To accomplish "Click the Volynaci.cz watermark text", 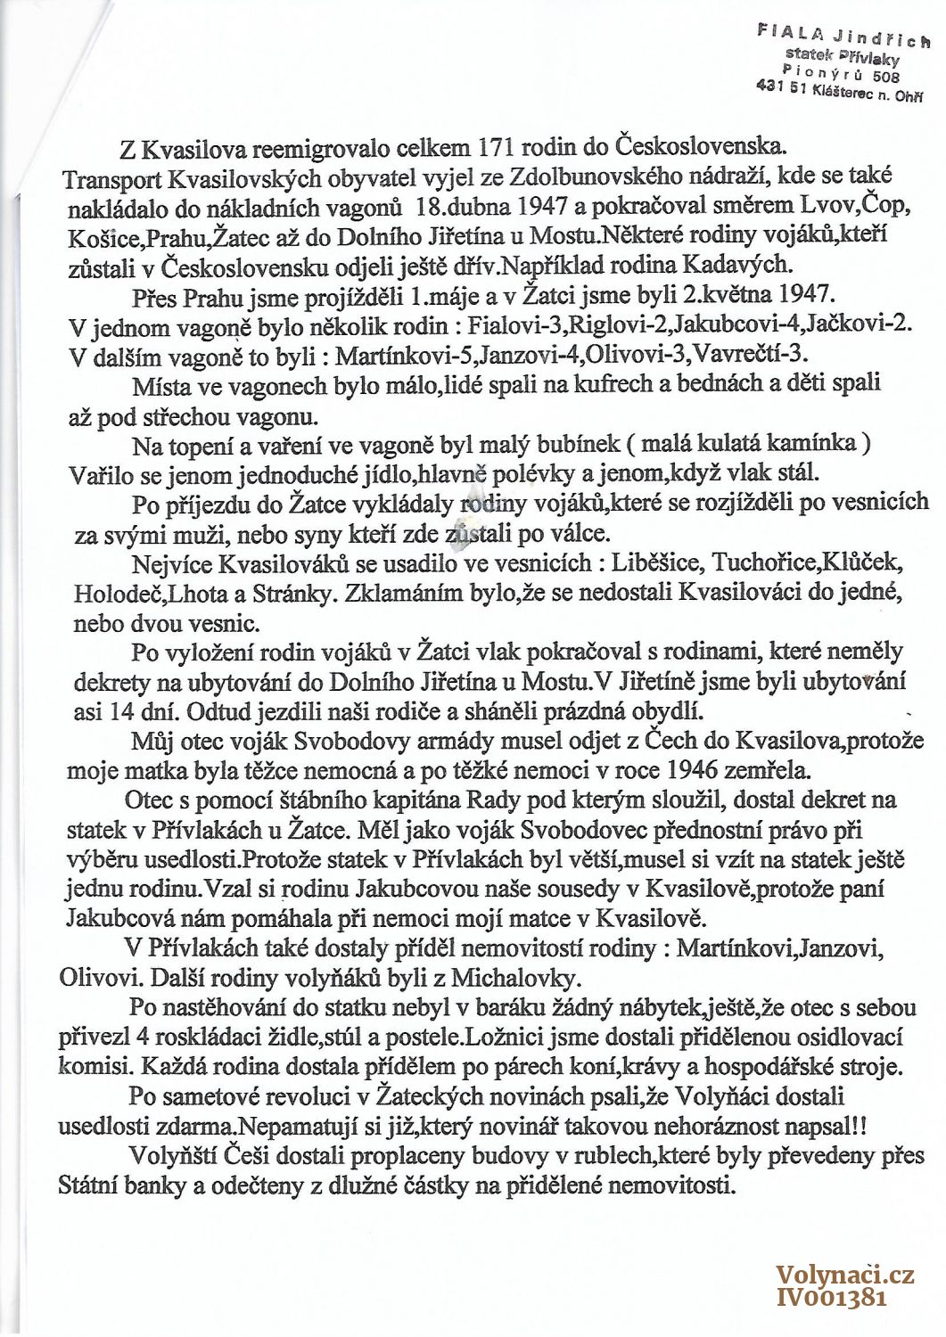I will (x=844, y=1275).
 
